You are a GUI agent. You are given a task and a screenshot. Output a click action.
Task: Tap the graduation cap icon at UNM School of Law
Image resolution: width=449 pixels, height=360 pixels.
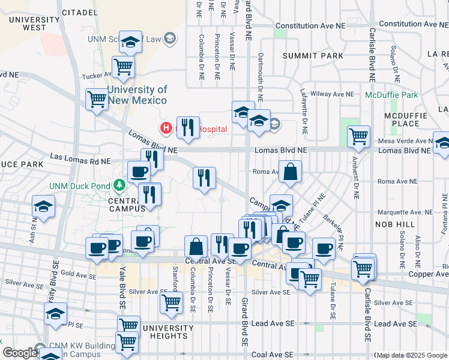point(130,41)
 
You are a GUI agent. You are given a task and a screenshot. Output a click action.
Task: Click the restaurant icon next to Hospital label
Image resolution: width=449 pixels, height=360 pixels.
point(188,127)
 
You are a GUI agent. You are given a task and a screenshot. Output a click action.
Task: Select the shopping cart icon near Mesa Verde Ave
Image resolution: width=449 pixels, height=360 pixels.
point(358,136)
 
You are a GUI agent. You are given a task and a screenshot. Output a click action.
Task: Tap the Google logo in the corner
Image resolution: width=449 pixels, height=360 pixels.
point(19,353)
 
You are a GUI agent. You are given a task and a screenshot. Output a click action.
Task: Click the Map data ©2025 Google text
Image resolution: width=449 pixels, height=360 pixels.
point(411,355)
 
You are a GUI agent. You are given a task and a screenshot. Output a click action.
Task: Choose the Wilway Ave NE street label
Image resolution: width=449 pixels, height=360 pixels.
point(335,94)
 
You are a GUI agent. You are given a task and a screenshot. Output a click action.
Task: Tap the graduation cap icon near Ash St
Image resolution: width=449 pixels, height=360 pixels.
point(44,207)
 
